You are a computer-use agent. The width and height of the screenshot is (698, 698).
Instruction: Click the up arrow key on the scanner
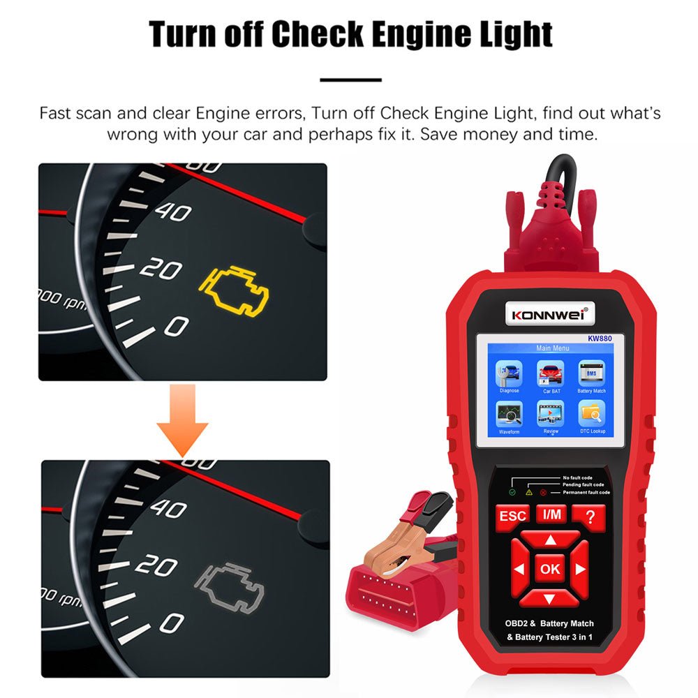[550, 540]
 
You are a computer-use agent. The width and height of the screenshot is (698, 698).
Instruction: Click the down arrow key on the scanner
[550, 598]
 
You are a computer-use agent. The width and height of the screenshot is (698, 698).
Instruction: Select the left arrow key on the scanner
[519, 569]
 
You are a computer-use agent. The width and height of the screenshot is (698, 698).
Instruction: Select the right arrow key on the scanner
[581, 569]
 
